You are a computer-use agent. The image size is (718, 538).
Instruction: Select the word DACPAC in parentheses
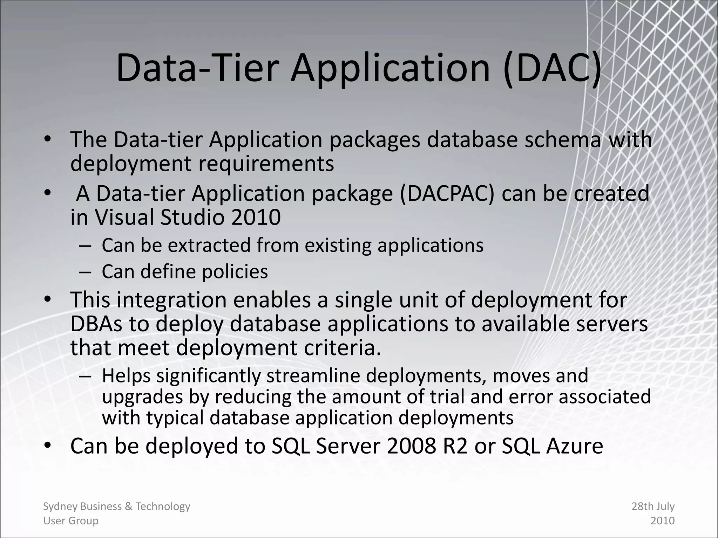tap(447, 193)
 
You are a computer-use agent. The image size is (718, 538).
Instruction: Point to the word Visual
tap(124, 217)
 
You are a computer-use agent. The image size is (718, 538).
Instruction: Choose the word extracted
tap(209, 245)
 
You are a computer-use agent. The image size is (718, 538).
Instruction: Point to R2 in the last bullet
tap(455, 446)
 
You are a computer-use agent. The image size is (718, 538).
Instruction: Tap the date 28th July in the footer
tap(653, 506)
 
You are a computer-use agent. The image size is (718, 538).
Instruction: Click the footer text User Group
tap(71, 521)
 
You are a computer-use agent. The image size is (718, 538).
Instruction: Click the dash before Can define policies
tap(85, 272)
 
